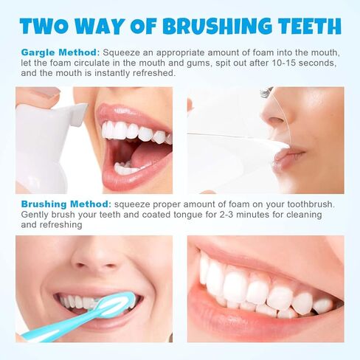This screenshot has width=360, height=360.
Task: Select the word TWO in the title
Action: coord(46,27)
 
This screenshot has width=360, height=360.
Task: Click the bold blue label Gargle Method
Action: coord(59,53)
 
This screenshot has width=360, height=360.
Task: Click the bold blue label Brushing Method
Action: coord(64,204)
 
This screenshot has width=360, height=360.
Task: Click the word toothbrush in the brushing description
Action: coord(308,204)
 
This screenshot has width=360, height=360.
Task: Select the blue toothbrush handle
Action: coord(52,329)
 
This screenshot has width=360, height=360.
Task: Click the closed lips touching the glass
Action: coord(290,156)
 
